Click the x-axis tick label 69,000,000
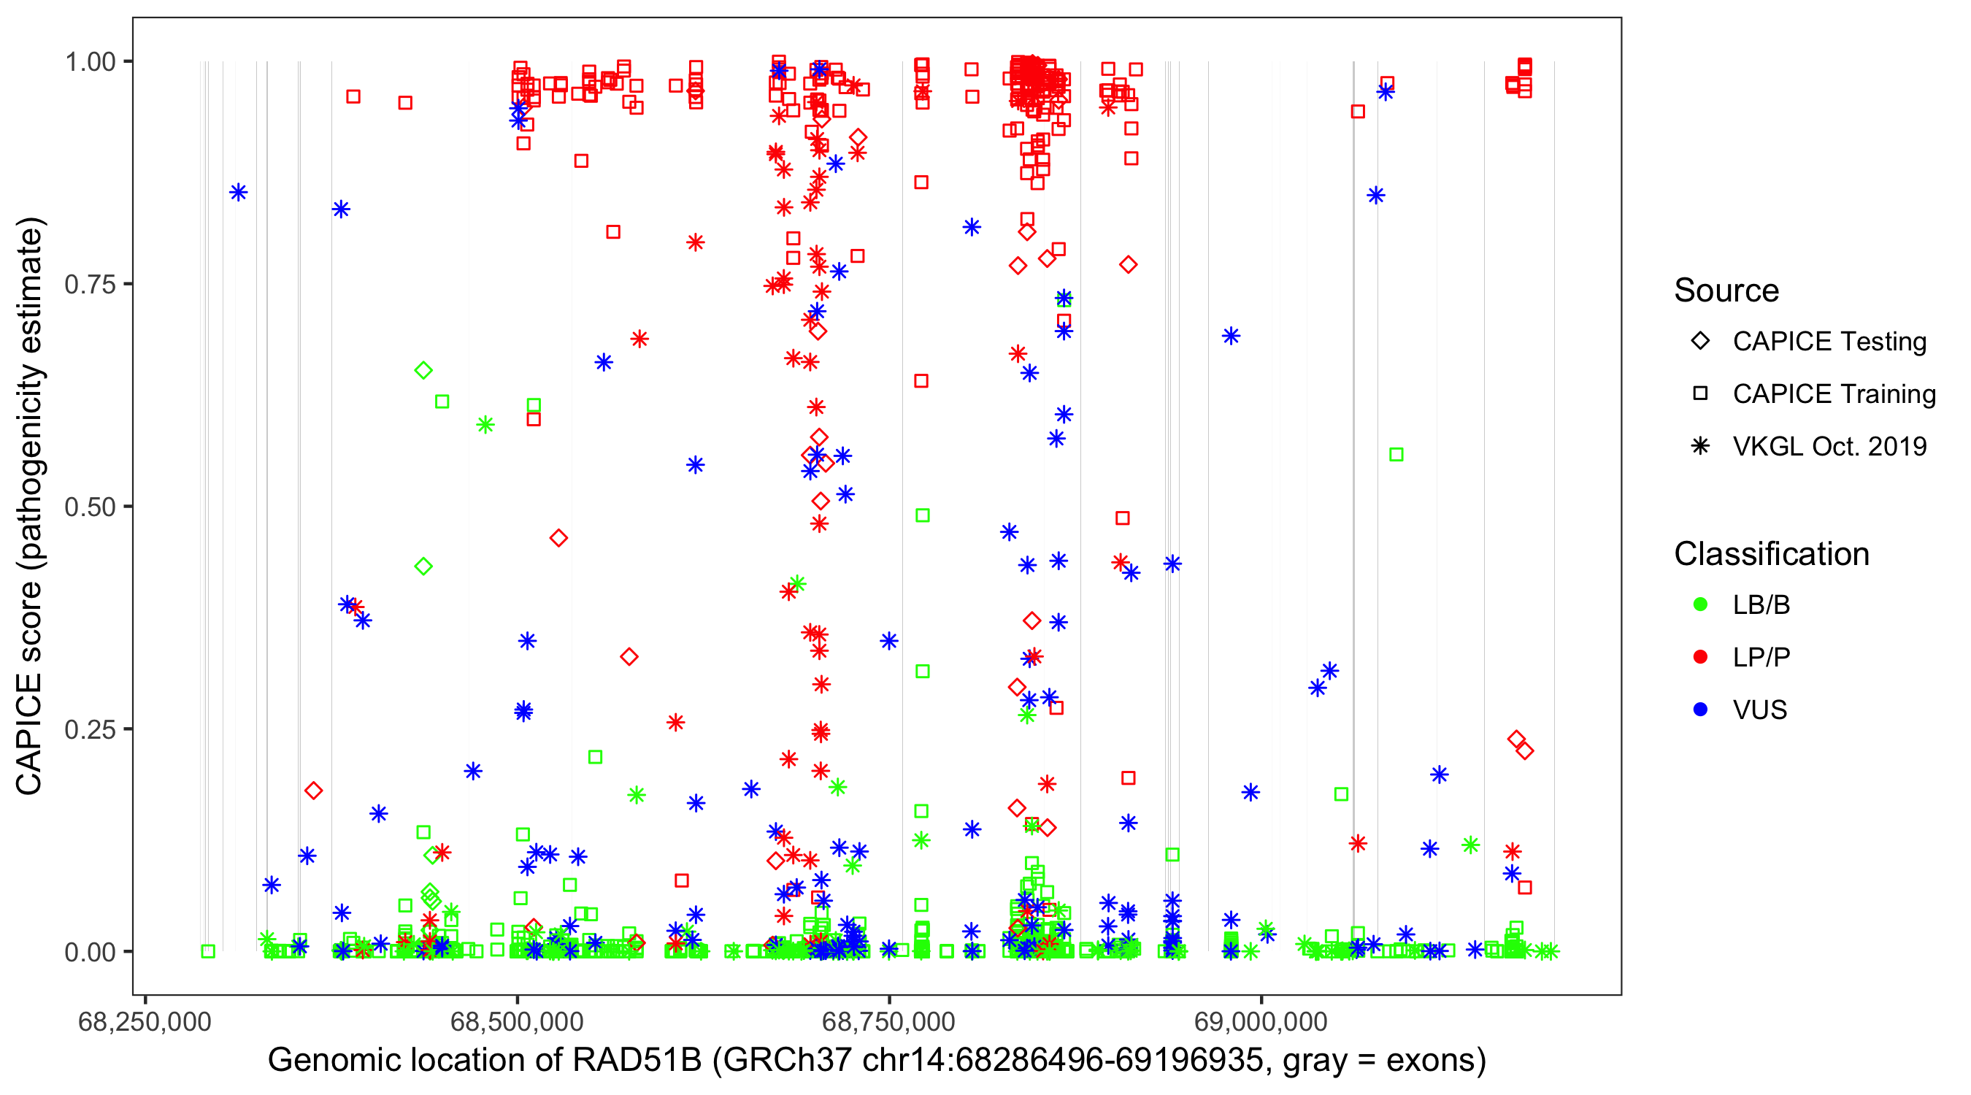pos(1260,1021)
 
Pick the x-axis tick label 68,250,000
pos(145,1021)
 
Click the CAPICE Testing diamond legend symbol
pos(1700,342)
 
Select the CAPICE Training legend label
pos(1833,394)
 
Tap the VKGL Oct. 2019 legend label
pos(1829,447)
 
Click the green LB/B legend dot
pos(1700,605)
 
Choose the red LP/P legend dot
pos(1700,657)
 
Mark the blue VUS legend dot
pos(1700,710)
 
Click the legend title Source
pos(1726,291)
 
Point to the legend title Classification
pos(1770,554)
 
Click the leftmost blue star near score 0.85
pos(239,192)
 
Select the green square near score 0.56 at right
pos(1396,456)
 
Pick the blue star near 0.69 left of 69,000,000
pos(1230,336)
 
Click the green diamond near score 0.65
pos(423,370)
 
